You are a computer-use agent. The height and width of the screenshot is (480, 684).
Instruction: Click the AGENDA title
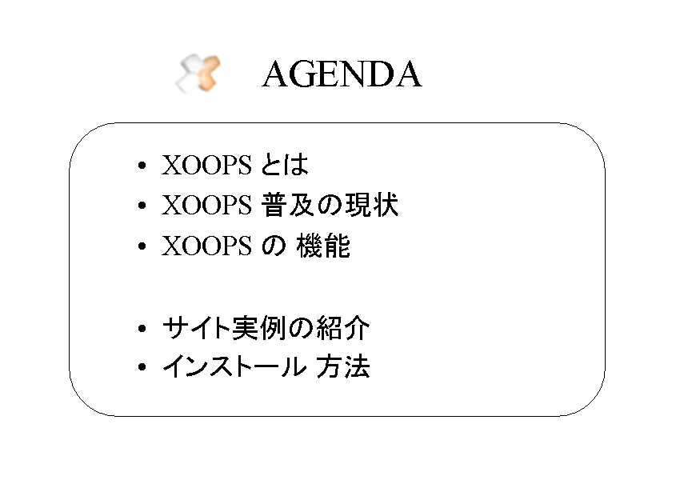click(x=342, y=74)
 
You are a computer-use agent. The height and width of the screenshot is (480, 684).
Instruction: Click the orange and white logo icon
click(x=198, y=74)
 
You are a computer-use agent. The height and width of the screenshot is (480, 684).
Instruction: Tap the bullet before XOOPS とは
click(x=142, y=166)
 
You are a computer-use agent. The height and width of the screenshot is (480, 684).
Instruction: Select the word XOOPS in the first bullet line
click(x=206, y=165)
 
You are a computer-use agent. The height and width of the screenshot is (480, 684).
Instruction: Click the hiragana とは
click(x=285, y=165)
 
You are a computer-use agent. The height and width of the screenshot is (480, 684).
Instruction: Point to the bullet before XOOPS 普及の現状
click(x=142, y=205)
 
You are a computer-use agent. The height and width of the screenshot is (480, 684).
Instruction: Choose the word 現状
click(x=372, y=205)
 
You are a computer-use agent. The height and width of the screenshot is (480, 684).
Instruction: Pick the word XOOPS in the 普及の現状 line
click(x=206, y=205)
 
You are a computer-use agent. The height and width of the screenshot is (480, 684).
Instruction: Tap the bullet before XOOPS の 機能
click(x=142, y=246)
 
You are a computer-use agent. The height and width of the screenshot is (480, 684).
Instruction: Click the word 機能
click(x=323, y=246)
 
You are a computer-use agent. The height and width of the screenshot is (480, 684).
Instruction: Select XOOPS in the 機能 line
click(x=206, y=246)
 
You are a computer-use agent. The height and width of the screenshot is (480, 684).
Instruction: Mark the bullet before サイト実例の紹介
click(x=142, y=328)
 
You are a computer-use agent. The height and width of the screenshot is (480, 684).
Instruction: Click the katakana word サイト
click(x=196, y=328)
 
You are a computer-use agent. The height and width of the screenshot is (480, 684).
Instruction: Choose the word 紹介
click(x=343, y=328)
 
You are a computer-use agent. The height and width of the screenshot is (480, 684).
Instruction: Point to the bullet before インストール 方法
click(x=142, y=366)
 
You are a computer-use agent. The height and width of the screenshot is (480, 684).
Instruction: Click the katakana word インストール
click(x=234, y=366)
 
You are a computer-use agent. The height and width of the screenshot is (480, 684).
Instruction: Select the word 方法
click(x=343, y=366)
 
